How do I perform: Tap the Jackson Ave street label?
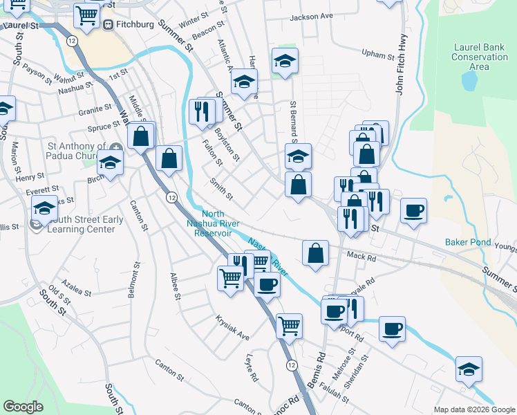point(311,16)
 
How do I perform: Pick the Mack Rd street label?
point(361,258)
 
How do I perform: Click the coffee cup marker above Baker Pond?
point(413,210)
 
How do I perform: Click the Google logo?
point(23,407)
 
